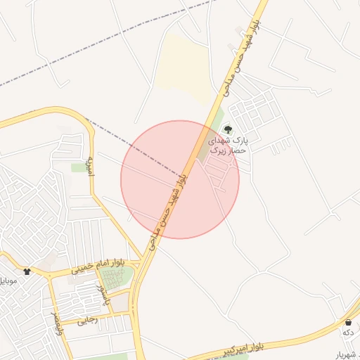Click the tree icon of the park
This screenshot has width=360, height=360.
[x=227, y=129]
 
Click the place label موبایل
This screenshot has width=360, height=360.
[x=10, y=281]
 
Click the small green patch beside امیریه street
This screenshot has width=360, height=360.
[x=79, y=167]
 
